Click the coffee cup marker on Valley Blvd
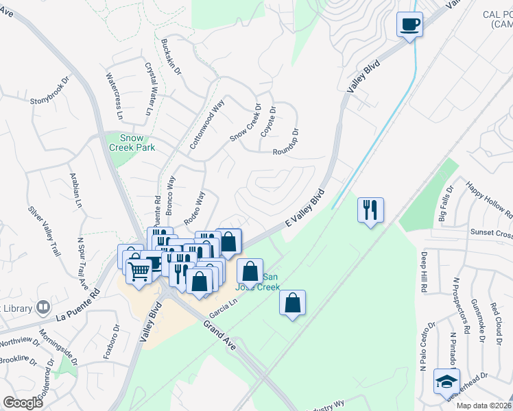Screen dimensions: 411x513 [x=409, y=25]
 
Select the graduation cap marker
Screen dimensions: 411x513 [x=446, y=381]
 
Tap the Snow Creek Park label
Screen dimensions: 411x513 [x=132, y=142]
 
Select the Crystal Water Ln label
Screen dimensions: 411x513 [x=150, y=89]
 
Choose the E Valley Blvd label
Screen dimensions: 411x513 [x=305, y=210]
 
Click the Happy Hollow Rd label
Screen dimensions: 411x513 [x=488, y=199]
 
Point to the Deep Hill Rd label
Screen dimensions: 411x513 [x=423, y=273]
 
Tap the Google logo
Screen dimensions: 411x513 [x=23, y=402]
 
